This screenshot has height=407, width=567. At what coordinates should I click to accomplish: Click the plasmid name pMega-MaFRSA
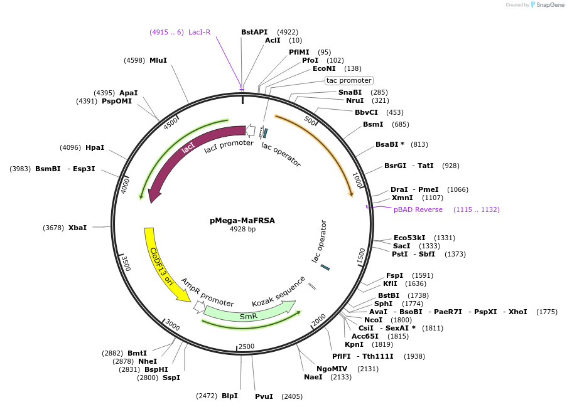[x=242, y=220]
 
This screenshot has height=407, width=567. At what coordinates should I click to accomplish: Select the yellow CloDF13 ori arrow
[x=159, y=262]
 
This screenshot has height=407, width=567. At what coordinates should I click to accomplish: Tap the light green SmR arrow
[x=249, y=315]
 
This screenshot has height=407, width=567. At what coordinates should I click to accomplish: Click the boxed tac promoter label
[x=349, y=80]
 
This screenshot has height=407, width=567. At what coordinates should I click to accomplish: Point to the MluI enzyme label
[x=158, y=60]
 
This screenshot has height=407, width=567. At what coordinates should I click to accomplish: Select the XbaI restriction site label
[x=78, y=228]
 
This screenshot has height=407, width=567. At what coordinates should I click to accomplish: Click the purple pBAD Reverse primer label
[x=418, y=209]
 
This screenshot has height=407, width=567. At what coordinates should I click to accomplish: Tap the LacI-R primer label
[x=200, y=32]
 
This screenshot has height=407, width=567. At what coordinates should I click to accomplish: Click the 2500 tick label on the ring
[x=246, y=346]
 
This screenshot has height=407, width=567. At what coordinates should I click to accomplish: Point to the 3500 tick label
[x=125, y=263]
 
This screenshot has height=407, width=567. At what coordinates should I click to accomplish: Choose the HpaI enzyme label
[x=95, y=147]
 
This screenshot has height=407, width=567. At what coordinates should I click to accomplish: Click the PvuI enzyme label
[x=264, y=396]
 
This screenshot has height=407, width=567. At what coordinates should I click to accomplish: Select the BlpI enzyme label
[x=229, y=396]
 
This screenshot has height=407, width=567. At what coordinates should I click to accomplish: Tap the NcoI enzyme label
[x=373, y=320]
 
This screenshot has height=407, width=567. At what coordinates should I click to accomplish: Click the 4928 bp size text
[x=242, y=230]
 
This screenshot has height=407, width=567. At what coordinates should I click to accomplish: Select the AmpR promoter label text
[x=207, y=293]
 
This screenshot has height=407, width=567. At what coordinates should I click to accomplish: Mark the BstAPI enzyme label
[x=254, y=32]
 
